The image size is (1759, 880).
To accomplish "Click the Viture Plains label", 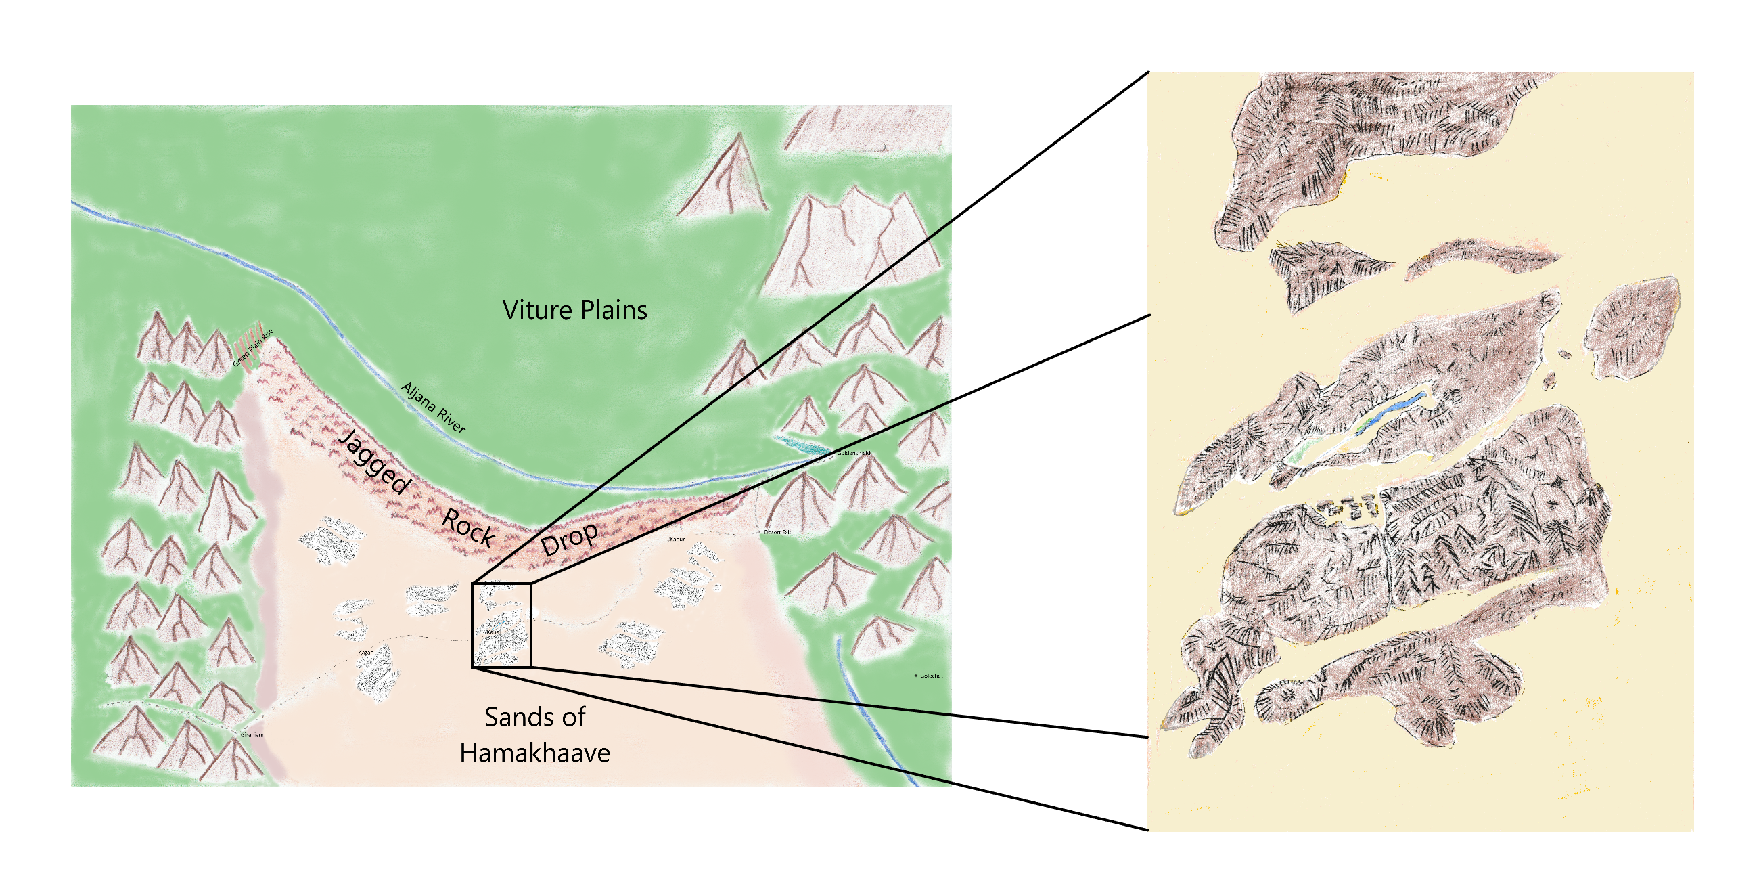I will click(x=574, y=310).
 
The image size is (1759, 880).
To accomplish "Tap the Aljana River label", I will click(x=434, y=408).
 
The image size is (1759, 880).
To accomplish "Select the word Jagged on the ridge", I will click(x=375, y=461).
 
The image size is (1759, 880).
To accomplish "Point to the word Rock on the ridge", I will click(x=468, y=527).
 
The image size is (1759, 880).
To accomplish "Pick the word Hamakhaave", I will click(x=534, y=753).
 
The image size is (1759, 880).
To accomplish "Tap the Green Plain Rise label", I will click(x=253, y=348).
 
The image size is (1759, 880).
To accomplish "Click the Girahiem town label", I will click(x=251, y=735).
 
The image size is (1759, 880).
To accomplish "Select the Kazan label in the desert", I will click(x=366, y=653).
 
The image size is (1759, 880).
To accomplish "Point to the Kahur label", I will click(x=677, y=539).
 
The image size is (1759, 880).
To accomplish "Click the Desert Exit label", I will click(x=777, y=532).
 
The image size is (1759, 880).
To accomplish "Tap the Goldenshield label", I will click(x=854, y=453).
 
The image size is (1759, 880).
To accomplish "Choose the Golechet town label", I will click(x=931, y=676).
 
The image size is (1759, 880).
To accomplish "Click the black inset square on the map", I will click(x=501, y=625).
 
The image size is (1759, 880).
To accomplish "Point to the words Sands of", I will click(x=534, y=717).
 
